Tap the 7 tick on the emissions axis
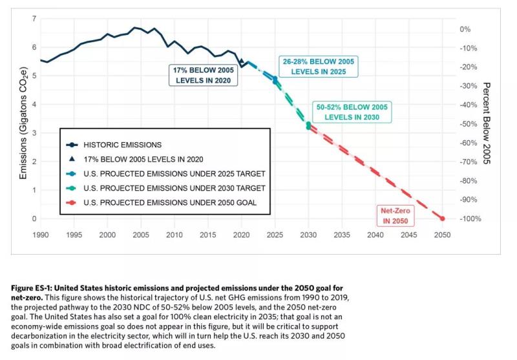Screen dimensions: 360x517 point(34,19)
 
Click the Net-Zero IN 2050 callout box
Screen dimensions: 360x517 point(396,215)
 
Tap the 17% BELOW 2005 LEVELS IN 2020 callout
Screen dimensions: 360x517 point(203,74)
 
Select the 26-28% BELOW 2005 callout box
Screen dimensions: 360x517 point(319,67)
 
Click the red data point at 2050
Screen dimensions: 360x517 point(443,218)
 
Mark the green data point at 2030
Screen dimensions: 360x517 point(308,124)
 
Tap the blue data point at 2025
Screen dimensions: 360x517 point(275,79)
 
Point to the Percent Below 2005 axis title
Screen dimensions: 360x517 point(487,123)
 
